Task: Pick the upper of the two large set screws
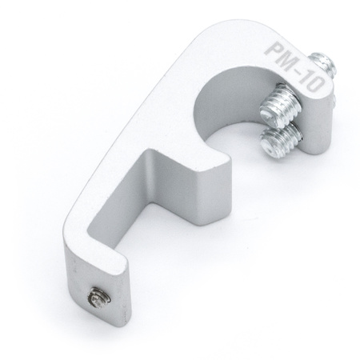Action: tap(281, 105)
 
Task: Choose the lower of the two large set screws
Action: tap(282, 140)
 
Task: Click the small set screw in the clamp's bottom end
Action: tap(98, 297)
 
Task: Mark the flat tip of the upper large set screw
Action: tap(270, 115)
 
